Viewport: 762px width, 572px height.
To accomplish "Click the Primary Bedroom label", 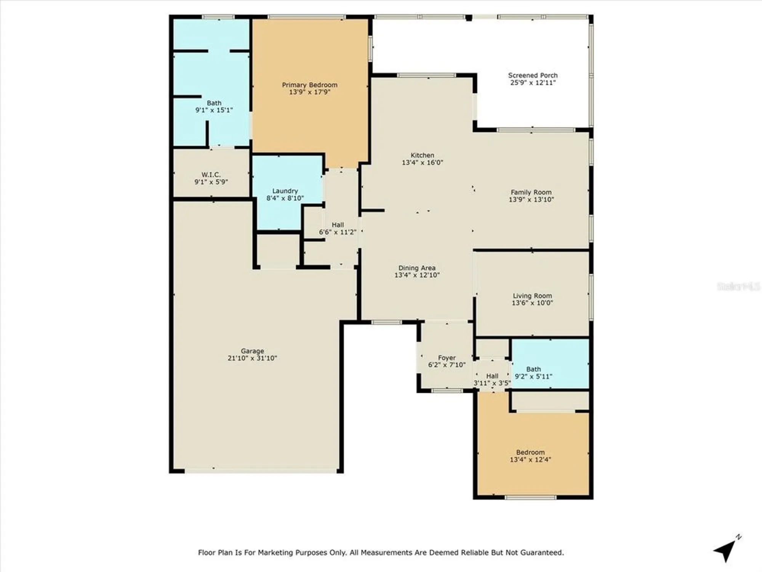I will [x=309, y=85].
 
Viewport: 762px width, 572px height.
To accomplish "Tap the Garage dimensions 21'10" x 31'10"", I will [x=252, y=358].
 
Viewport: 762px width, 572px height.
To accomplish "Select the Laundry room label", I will [x=285, y=191].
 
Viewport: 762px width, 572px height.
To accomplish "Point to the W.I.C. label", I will [x=211, y=175].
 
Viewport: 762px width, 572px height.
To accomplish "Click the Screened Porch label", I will [x=533, y=75].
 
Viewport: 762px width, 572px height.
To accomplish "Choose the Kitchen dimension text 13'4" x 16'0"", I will [x=422, y=162].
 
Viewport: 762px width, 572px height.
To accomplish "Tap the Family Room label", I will [x=531, y=192].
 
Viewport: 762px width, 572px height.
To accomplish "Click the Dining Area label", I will [x=417, y=268].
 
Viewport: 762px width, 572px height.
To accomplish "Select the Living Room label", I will [x=532, y=296].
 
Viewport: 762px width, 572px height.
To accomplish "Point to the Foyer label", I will [x=447, y=358].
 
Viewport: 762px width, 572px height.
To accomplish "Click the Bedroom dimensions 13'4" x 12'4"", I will [x=530, y=460].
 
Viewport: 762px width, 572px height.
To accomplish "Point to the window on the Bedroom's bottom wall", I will [x=530, y=497].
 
